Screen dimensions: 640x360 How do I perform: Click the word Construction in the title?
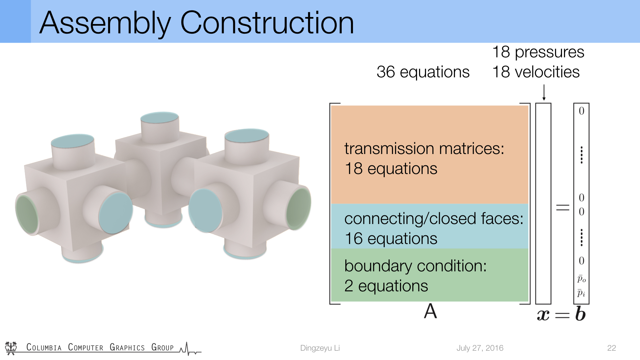point(267,23)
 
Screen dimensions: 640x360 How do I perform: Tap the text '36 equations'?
point(423,72)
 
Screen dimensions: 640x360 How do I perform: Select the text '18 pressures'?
point(538,52)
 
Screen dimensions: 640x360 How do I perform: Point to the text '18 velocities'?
point(536,72)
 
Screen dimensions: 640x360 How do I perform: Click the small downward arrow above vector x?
point(544,92)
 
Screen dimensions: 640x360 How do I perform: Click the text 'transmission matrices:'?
point(424,148)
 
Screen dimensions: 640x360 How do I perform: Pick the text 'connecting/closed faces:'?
point(434,219)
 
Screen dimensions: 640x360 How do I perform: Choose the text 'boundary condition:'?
point(415,266)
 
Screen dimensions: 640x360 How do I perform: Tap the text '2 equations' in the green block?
point(386,286)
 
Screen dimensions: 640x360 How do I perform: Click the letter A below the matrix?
point(430,311)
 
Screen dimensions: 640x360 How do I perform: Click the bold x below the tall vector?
point(543,315)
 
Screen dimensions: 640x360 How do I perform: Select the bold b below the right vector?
point(580,314)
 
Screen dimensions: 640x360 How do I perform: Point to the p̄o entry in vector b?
point(582,279)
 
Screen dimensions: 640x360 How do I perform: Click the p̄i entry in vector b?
point(581,293)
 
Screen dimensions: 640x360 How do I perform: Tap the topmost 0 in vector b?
point(581,111)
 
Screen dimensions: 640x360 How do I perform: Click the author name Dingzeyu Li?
point(320,348)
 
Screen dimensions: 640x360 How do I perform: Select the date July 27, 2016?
point(480,348)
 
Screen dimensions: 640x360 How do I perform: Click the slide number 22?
point(612,348)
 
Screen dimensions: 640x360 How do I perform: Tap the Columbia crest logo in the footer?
point(11,348)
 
